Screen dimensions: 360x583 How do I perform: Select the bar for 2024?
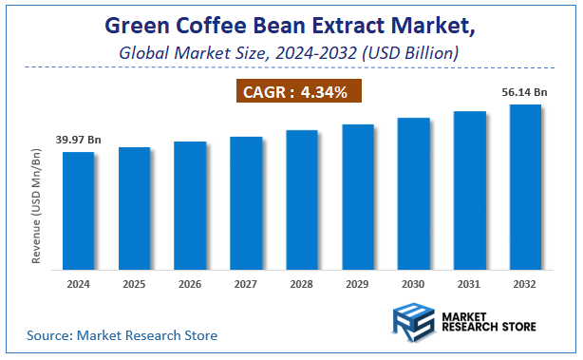click(79, 210)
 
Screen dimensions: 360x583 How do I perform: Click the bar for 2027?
click(246, 202)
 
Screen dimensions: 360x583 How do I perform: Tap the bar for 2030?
click(413, 193)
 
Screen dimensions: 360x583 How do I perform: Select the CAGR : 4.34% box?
click(296, 92)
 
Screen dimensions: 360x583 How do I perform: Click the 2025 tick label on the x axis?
click(134, 283)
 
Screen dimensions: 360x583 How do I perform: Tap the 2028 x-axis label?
click(302, 283)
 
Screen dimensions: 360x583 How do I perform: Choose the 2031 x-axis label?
click(469, 283)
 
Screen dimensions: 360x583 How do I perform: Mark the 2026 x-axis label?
click(190, 283)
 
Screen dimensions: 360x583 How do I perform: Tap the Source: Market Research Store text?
click(122, 335)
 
